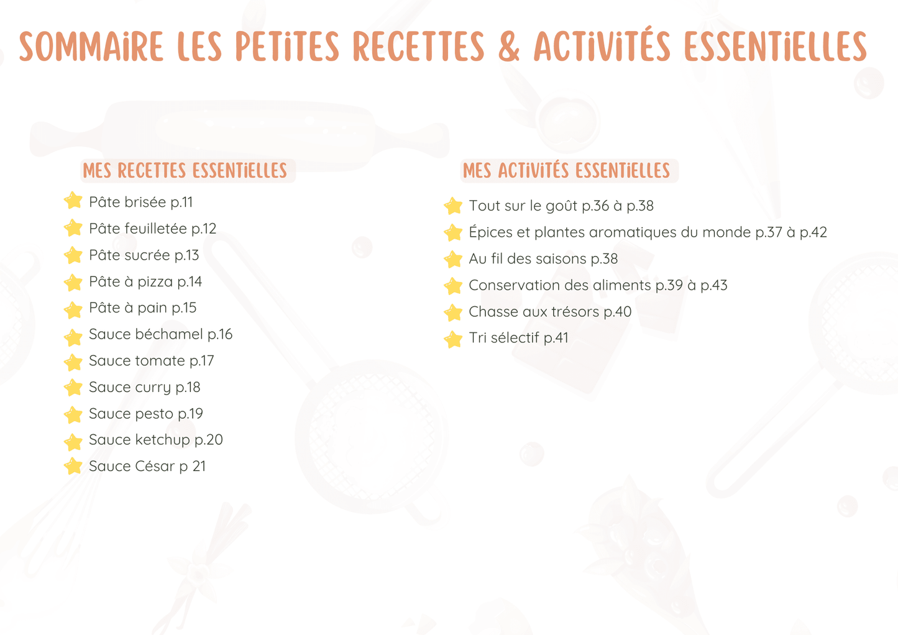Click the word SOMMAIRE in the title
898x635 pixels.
tap(91, 47)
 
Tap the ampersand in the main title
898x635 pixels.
tap(509, 47)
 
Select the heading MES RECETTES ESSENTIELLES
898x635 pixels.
tap(185, 170)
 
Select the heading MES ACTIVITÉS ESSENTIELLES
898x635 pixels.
tap(566, 170)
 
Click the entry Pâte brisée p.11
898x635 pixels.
tap(141, 202)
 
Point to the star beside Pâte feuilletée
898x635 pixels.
tap(73, 228)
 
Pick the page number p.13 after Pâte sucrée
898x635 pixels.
tap(187, 255)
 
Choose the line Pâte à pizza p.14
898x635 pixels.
tap(145, 281)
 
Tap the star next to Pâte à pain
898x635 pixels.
tap(73, 309)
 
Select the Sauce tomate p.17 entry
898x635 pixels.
tap(152, 360)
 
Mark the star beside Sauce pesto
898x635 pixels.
tap(73, 414)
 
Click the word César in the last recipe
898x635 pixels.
tap(155, 466)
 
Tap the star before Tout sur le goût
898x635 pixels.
tap(453, 206)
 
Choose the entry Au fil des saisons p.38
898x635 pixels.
tap(543, 258)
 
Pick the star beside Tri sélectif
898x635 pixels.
tap(453, 339)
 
